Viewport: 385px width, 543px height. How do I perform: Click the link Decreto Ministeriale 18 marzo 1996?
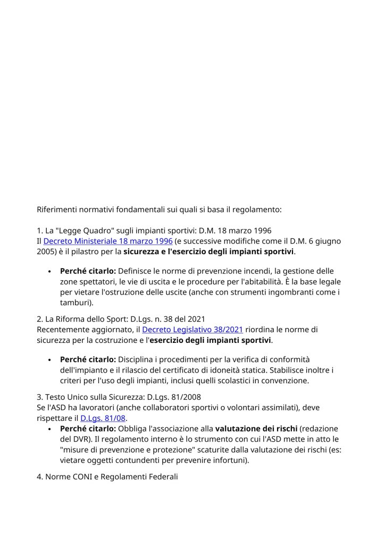pyautogui.click(x=108, y=241)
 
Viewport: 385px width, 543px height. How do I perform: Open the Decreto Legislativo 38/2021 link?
pyautogui.click(x=192, y=330)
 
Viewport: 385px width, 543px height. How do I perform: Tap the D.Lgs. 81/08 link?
pyautogui.click(x=103, y=418)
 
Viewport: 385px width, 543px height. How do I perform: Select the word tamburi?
pyautogui.click(x=75, y=303)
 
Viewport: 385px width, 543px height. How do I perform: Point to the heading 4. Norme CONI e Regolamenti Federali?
pyautogui.click(x=107, y=477)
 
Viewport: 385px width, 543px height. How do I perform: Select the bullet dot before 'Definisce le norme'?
pyautogui.click(x=49, y=272)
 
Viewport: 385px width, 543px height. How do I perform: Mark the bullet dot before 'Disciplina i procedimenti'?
pyautogui.click(x=49, y=360)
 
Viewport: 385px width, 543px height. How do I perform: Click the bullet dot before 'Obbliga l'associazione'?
pyautogui.click(x=49, y=428)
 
